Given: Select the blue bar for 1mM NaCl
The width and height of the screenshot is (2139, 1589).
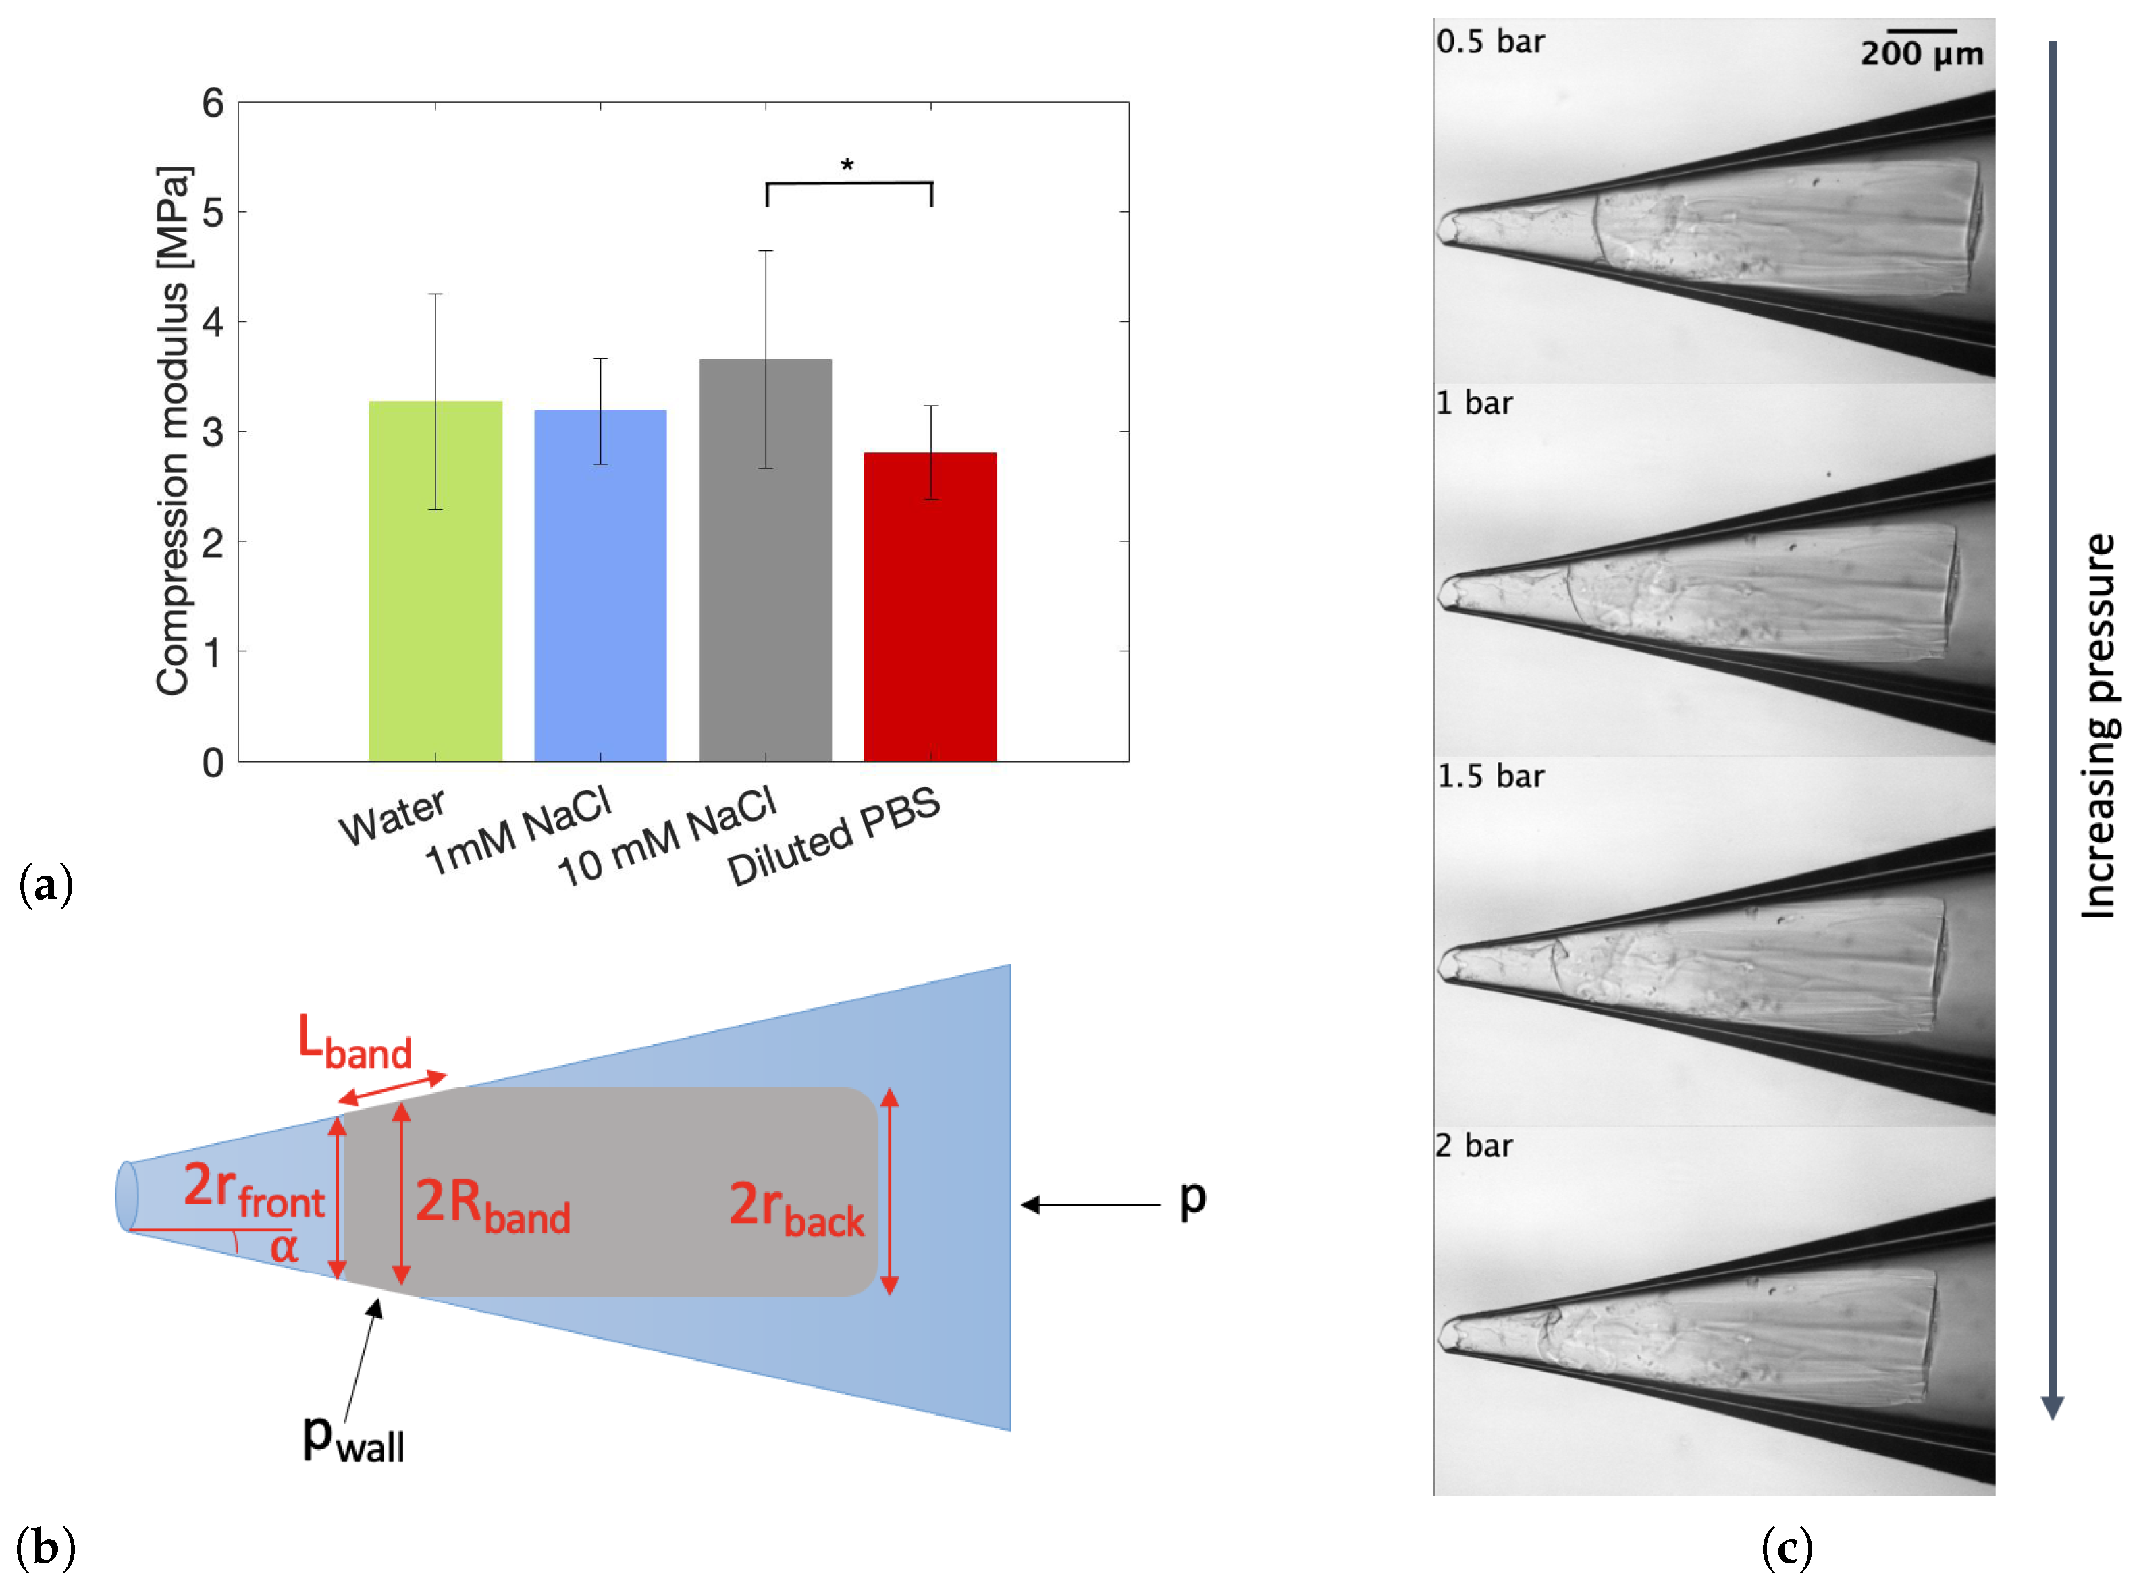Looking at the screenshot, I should [600, 586].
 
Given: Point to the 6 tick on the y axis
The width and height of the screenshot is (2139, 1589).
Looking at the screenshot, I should [213, 103].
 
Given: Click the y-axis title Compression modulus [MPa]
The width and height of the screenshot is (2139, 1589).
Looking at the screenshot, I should [174, 431].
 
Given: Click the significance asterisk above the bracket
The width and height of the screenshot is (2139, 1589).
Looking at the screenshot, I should [847, 165].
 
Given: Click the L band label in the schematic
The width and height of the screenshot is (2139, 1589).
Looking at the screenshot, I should [354, 1043].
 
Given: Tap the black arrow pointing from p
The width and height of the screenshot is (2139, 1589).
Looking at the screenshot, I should [1089, 1204].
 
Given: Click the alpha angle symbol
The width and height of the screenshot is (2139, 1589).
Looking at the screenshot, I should [284, 1247].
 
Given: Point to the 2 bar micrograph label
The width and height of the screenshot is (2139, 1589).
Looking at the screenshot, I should [1473, 1146].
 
